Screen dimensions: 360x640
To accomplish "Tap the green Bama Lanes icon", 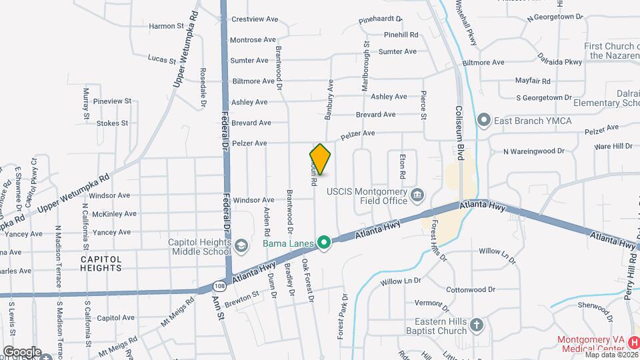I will coord(325,242).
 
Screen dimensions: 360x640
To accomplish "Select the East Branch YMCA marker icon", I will coord(484,120).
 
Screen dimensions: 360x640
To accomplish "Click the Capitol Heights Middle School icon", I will coord(240,245).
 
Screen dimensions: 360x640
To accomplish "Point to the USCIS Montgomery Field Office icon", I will coord(417,195).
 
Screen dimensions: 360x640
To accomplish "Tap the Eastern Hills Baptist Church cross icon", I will coord(476,325).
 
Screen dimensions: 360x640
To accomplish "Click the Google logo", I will coord(21,351).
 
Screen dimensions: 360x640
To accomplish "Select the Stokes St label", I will coord(112,123).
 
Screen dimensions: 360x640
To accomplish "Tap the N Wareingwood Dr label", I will coord(533,151).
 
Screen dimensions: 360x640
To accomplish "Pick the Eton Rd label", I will coord(402,166).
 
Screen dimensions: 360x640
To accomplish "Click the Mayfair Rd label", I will coord(533,81).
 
